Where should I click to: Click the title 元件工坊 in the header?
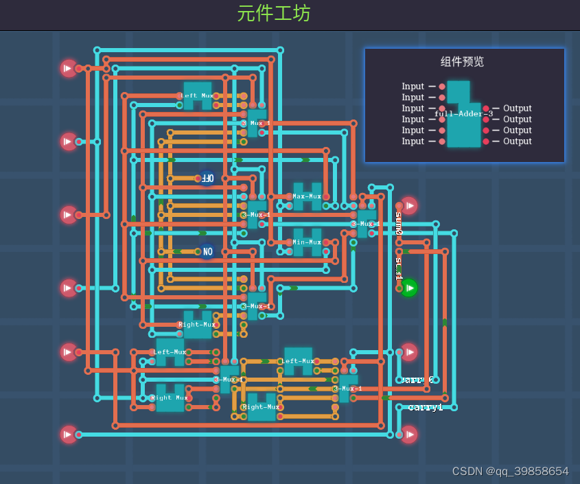[x=274, y=13]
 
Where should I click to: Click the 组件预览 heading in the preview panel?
[x=462, y=61]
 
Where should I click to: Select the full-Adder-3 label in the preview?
[x=464, y=114]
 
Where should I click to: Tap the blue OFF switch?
[x=207, y=178]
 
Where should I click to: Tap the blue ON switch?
[x=207, y=252]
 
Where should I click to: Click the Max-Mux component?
[x=307, y=196]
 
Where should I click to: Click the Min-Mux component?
[x=307, y=242]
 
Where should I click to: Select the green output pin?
[x=409, y=288]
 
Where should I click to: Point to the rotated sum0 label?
[x=399, y=222]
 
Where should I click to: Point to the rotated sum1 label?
[x=399, y=268]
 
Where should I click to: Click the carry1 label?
[x=426, y=407]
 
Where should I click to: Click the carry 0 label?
[x=417, y=380]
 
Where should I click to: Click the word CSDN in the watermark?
[x=467, y=471]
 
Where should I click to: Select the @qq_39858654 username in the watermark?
[x=527, y=471]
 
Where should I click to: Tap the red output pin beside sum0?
[x=409, y=206]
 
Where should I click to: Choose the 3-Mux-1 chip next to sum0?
[x=366, y=223]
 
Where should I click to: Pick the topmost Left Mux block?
[x=198, y=96]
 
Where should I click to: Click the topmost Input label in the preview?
[x=413, y=87]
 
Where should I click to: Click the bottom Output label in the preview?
[x=518, y=141]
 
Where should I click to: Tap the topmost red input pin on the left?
[x=68, y=68]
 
